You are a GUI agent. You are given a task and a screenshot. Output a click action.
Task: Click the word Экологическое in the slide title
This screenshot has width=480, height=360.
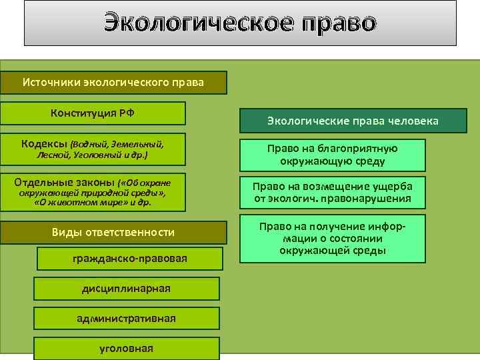click(x=191, y=23)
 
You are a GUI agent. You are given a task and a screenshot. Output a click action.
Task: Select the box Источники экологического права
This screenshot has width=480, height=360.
click(x=113, y=83)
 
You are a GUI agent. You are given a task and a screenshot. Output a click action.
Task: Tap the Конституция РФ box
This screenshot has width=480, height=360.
click(x=93, y=113)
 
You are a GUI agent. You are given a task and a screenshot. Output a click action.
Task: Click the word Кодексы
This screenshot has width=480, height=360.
click(x=44, y=143)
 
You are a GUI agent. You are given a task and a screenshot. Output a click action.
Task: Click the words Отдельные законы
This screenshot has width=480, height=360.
click(x=65, y=181)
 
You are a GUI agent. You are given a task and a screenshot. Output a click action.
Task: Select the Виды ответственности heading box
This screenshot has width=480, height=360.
click(x=113, y=232)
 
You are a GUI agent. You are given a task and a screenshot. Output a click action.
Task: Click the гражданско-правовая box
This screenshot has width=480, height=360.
click(x=129, y=258)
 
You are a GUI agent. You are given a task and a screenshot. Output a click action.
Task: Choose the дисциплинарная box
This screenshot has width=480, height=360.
click(x=126, y=288)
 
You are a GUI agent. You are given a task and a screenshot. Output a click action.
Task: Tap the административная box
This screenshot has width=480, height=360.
click(x=126, y=318)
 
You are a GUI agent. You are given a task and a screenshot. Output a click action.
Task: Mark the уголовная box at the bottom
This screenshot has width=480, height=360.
click(x=126, y=348)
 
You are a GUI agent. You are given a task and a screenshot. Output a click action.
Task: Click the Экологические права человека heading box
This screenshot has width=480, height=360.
click(x=353, y=121)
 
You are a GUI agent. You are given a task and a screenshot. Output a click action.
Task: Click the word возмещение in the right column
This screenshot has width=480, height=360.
click(x=337, y=186)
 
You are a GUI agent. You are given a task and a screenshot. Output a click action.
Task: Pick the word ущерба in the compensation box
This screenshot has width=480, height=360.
click(x=391, y=186)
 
